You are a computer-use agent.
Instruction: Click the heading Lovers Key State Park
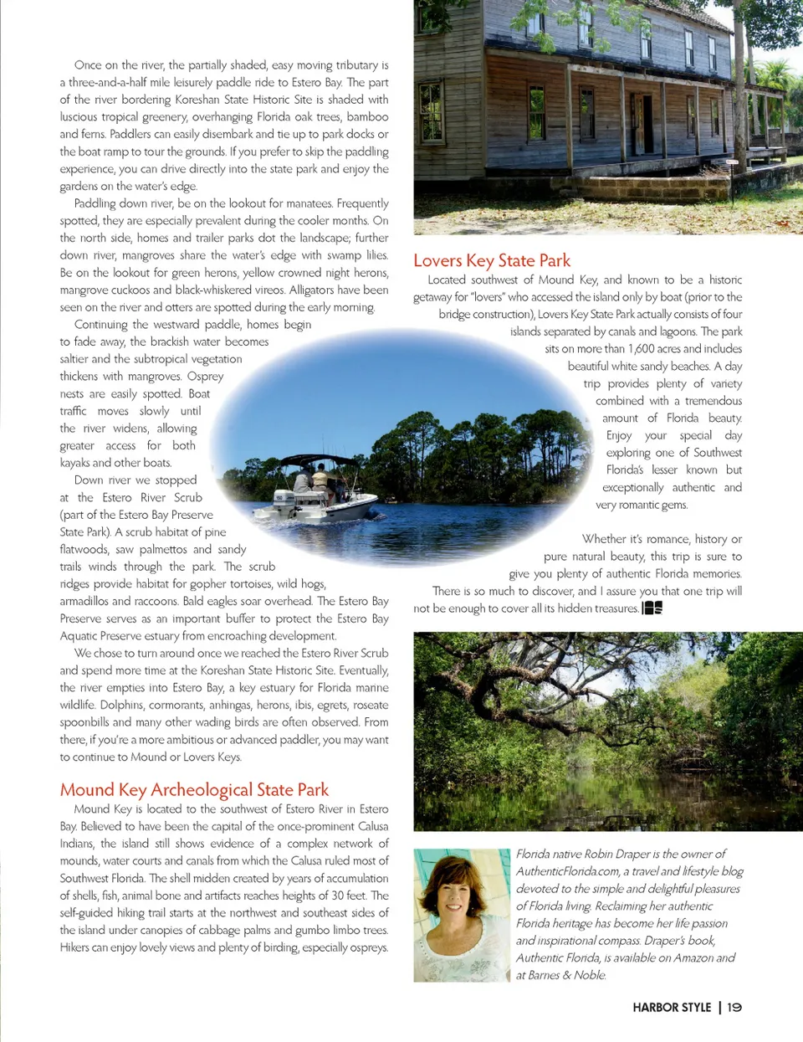tap(492, 261)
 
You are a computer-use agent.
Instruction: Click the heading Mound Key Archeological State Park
tap(194, 790)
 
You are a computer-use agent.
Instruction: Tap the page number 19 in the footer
tap(734, 1008)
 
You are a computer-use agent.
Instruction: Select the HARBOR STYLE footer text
tap(672, 1008)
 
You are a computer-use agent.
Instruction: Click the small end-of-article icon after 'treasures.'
tap(652, 608)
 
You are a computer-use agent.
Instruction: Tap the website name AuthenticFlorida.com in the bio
tap(567, 871)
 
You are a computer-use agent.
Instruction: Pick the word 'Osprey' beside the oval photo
tap(205, 377)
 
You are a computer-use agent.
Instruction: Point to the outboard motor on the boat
tap(285, 502)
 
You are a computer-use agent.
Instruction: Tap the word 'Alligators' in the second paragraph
tap(315, 290)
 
